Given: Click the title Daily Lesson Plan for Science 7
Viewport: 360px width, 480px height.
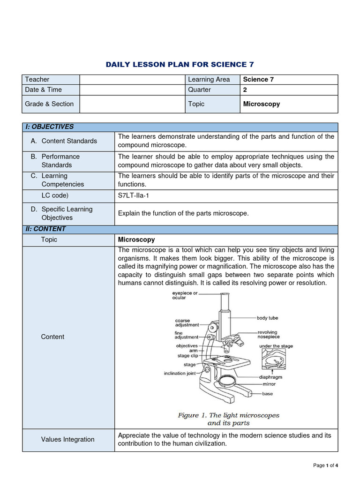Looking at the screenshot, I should [x=180, y=65].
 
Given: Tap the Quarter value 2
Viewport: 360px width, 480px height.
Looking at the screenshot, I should [x=245, y=90].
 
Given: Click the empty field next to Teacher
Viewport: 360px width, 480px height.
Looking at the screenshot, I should [x=131, y=79].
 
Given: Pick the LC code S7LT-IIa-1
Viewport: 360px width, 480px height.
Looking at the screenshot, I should [x=135, y=195].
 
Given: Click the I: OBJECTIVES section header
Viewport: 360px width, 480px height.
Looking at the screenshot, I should [x=49, y=127].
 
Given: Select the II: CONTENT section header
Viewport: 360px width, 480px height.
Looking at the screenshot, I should [x=46, y=229].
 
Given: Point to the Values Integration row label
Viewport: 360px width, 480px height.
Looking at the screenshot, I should [x=67, y=439].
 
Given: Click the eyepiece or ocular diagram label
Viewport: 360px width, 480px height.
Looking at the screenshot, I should [x=185, y=295].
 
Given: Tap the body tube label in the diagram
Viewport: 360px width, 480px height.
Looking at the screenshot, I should [x=267, y=318].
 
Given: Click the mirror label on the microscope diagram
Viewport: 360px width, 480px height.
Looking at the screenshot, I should [x=269, y=384].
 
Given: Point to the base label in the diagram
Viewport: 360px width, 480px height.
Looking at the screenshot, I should [x=267, y=394].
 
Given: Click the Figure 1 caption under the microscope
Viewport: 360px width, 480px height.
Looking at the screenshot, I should [x=228, y=419].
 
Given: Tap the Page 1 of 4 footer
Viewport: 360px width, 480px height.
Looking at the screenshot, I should [x=325, y=465].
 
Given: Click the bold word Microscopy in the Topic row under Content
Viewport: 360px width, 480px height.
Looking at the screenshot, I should [x=136, y=240].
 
